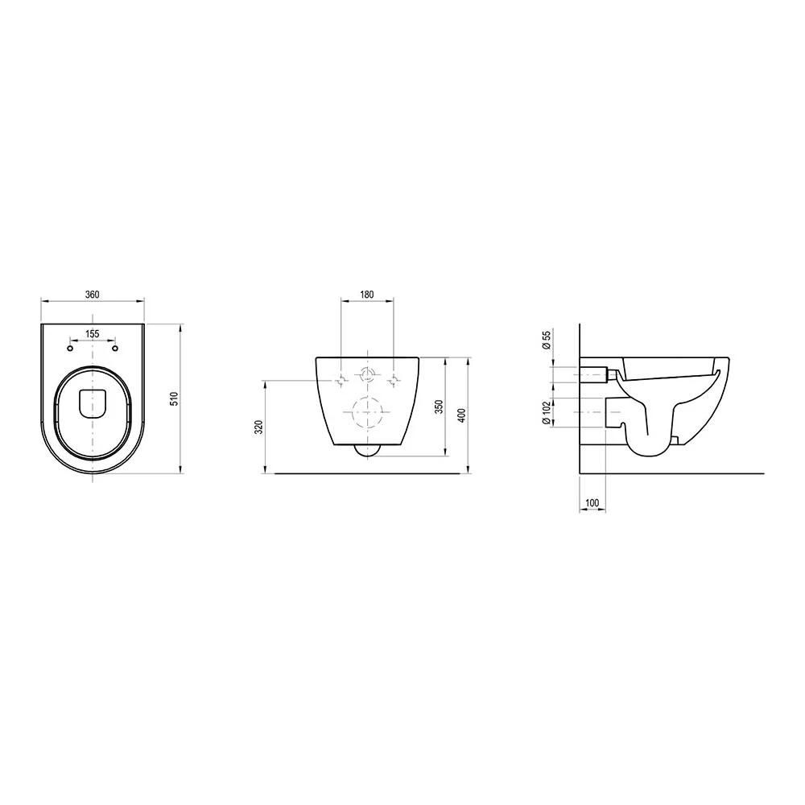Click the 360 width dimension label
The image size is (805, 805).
point(93,294)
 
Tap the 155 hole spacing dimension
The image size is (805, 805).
point(93,334)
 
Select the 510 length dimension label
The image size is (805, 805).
point(175,399)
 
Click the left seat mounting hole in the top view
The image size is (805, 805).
point(70,349)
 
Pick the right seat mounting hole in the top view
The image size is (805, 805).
point(115,349)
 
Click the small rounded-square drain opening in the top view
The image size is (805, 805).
point(93,403)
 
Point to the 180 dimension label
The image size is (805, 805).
point(367,294)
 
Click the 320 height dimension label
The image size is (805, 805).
point(259,427)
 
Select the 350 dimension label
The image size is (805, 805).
point(439,407)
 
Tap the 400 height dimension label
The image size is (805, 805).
point(461,415)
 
